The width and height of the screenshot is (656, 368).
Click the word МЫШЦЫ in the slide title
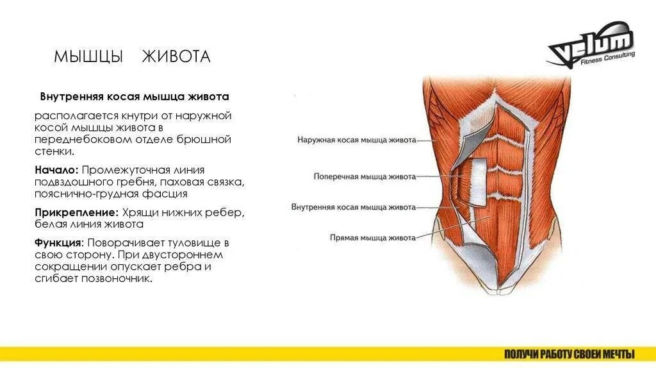(88, 57)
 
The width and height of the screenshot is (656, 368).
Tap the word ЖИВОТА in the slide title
(176, 57)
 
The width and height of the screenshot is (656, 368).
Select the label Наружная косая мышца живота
(357, 139)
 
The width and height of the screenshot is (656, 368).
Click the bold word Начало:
(57, 171)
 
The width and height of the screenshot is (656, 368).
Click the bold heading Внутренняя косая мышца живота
(135, 97)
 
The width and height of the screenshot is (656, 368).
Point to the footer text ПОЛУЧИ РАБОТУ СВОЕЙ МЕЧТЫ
(569, 354)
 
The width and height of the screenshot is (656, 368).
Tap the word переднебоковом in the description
(77, 140)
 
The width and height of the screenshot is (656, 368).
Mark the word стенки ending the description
(54, 152)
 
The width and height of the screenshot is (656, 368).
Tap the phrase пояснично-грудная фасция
(111, 193)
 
